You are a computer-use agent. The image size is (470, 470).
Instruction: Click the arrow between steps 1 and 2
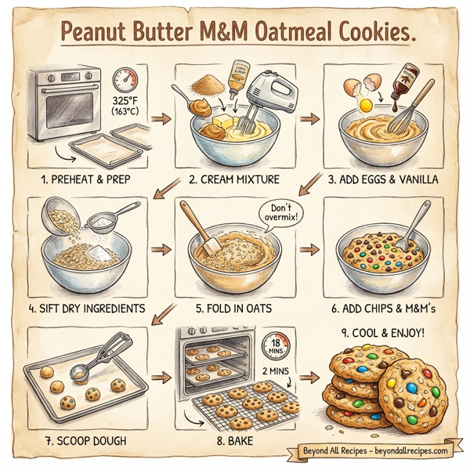(161, 119)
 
